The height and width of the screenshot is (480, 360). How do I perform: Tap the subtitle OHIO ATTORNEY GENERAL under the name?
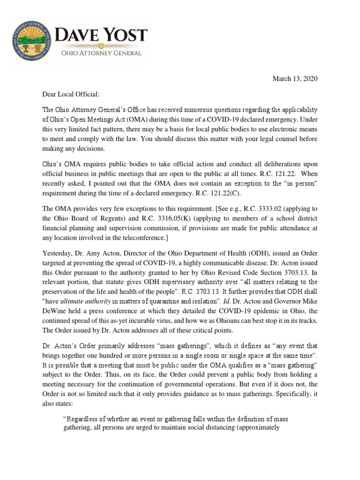(x=102, y=53)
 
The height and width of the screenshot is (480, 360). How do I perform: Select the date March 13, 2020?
(x=295, y=79)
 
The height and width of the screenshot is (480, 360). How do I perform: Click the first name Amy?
(x=93, y=258)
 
